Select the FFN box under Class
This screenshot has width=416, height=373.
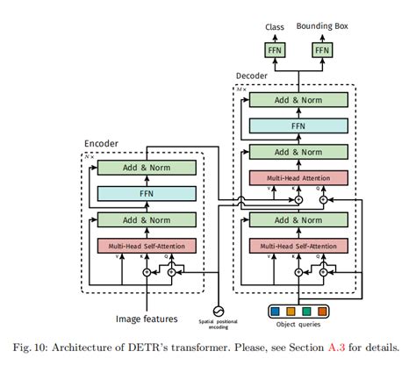(x=275, y=51)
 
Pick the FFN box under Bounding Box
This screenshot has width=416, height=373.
(x=321, y=51)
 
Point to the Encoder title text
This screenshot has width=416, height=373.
(x=102, y=144)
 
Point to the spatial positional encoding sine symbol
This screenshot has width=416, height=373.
(x=219, y=309)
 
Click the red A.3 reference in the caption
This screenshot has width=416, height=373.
(x=334, y=347)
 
